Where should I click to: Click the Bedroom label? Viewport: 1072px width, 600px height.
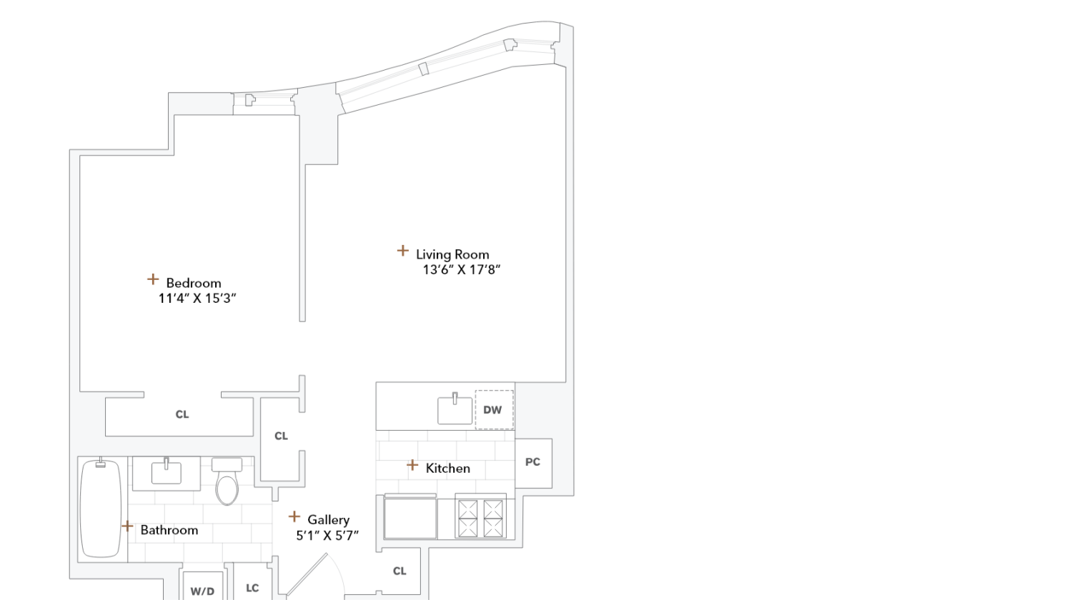[194, 283]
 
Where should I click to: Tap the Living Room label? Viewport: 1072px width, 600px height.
[452, 254]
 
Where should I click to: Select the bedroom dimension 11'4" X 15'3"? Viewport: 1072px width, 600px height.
[197, 299]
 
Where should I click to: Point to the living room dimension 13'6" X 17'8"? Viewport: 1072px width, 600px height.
[462, 270]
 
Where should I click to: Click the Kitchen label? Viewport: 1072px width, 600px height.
[448, 469]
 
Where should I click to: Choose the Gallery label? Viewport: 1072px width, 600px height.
[328, 520]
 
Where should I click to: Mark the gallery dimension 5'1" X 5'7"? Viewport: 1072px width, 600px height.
[327, 536]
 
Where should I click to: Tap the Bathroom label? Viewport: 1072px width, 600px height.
[169, 530]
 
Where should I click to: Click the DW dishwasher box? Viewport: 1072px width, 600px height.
[494, 410]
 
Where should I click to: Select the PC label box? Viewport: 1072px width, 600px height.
[533, 463]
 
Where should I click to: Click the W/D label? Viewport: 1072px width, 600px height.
[202, 591]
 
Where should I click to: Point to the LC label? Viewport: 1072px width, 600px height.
[252, 589]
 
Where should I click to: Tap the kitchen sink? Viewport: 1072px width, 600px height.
[455, 410]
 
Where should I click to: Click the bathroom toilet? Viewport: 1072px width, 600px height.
[227, 483]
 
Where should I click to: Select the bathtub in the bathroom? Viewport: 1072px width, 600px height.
[101, 509]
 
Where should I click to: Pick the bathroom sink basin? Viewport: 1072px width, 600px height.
[167, 473]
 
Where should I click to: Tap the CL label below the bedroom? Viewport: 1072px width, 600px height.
[182, 414]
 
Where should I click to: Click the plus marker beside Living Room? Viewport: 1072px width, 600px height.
[403, 251]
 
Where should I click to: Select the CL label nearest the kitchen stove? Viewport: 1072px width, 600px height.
[399, 571]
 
